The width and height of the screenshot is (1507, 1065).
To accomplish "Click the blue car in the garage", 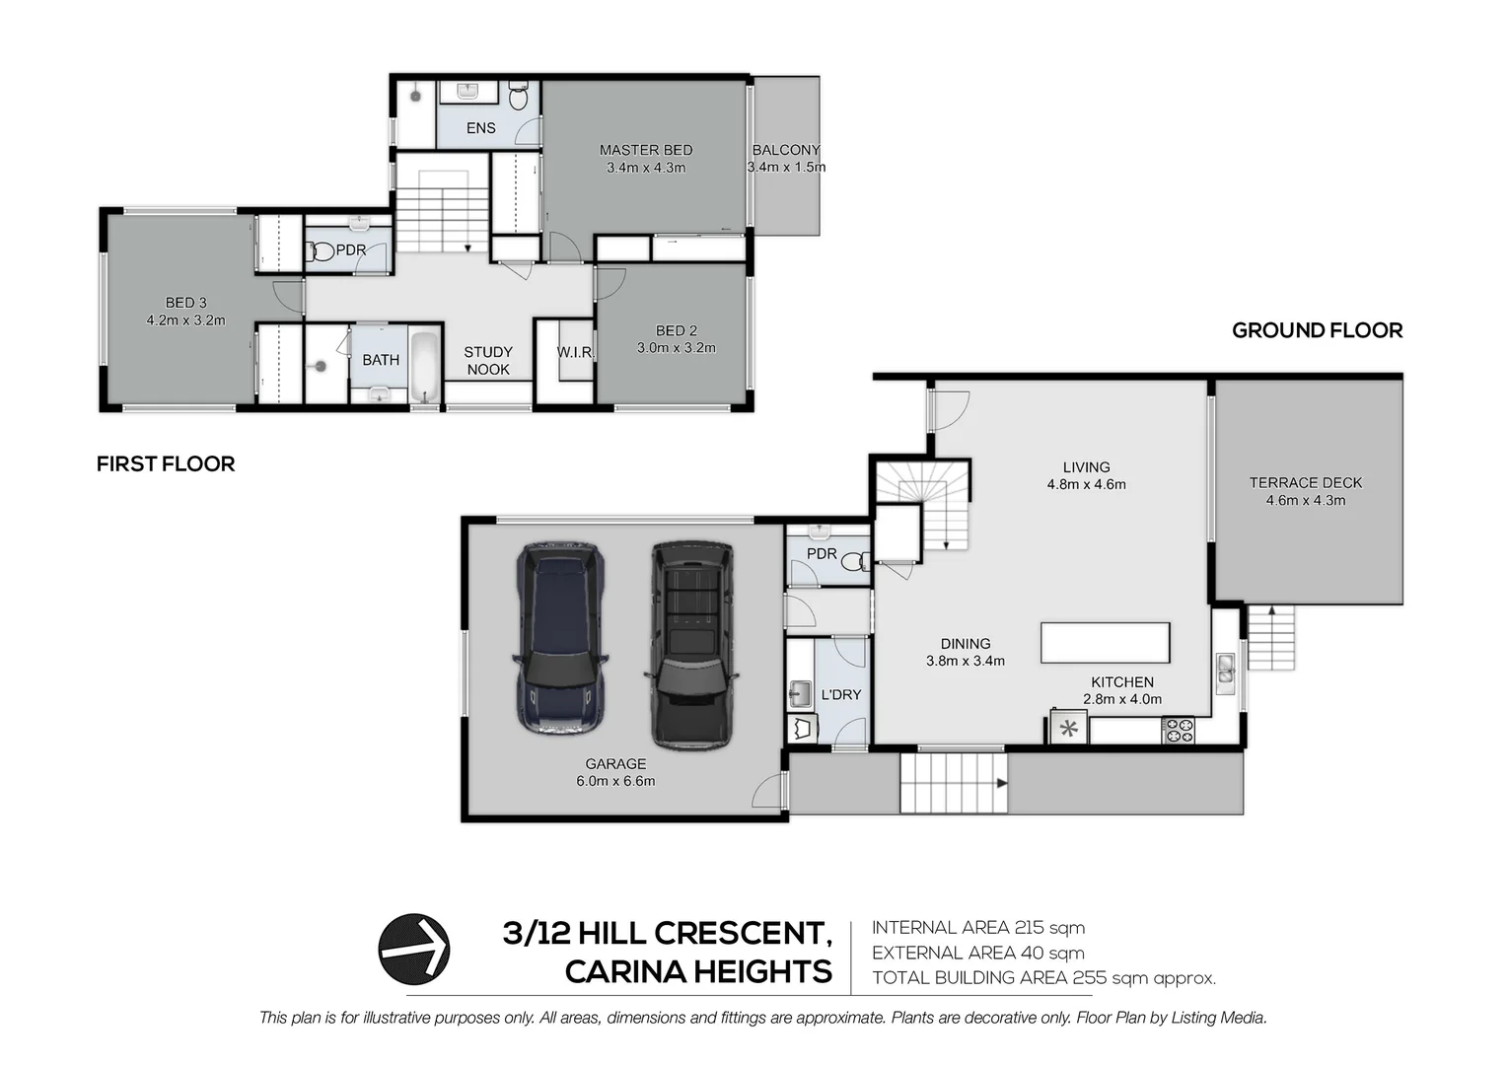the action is [560, 638].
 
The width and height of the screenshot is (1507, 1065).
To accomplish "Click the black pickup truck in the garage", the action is [691, 646].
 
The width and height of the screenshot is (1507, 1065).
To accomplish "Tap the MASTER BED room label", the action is [646, 150].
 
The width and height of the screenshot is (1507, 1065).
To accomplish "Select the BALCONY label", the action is [786, 150].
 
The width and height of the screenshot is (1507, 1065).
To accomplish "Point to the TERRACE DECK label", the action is [1305, 482].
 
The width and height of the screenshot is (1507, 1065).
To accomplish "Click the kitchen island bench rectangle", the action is [1106, 643].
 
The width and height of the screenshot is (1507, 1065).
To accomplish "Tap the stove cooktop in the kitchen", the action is [1178, 730].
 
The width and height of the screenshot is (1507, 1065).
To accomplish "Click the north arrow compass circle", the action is [414, 950].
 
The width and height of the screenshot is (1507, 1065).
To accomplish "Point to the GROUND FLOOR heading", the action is [1318, 330].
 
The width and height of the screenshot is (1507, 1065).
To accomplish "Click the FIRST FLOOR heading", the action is [166, 463].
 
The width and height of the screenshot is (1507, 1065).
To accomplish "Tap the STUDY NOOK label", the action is [488, 361].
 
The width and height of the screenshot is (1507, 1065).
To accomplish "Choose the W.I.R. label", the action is [575, 352].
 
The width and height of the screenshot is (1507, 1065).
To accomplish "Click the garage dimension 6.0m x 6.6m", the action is [615, 781].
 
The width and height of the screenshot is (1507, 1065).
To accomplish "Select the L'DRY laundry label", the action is [841, 694].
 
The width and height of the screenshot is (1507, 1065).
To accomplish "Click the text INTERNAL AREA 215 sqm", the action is [978, 928].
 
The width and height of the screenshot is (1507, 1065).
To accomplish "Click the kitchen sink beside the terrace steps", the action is [1225, 674].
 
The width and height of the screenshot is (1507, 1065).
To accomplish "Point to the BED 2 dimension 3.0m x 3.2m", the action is [677, 348].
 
